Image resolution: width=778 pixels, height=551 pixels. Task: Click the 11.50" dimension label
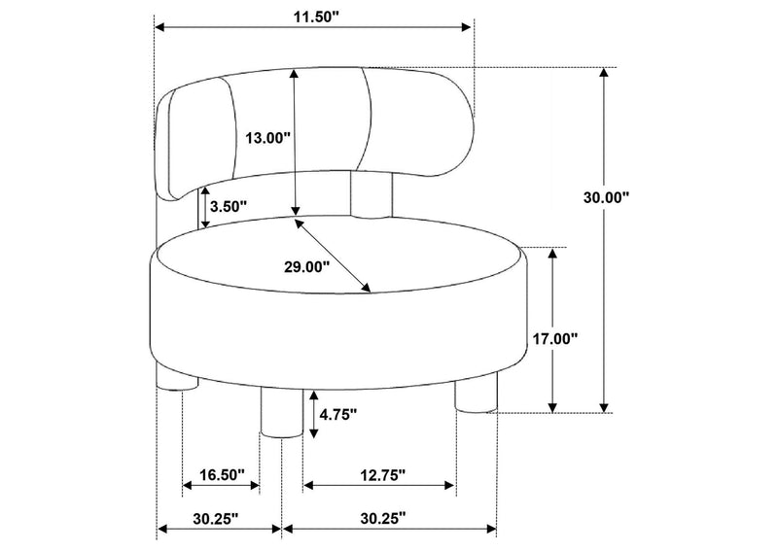coord(315,17)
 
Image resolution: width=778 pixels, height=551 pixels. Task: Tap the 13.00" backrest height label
coord(267,137)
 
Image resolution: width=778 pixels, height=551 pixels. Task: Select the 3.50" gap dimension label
coord(229,206)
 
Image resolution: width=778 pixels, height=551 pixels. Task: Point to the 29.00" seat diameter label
coord(306,267)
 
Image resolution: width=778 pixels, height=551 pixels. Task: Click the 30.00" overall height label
coord(606,197)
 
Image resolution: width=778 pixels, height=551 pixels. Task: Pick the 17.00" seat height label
coord(555,339)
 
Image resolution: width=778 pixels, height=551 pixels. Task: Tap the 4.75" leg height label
coord(338,414)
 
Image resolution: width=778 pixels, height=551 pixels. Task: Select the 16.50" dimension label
coord(223,474)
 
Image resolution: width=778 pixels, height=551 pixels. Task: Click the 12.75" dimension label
coord(383,475)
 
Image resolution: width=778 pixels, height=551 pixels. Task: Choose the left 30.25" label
coord(216,519)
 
